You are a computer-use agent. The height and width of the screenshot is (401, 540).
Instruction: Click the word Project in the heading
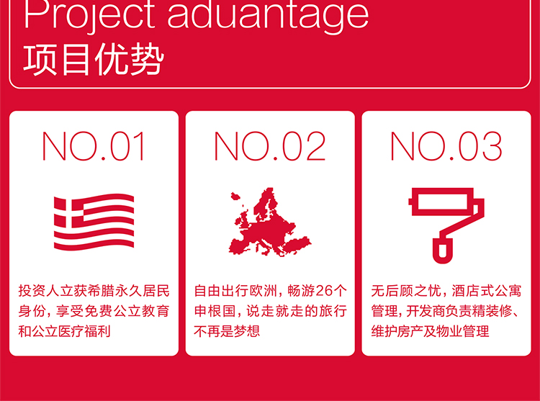point(89,16)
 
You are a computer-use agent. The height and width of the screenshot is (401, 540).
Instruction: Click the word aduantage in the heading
point(268,16)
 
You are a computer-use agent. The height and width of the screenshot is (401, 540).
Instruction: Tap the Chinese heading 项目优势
point(94,60)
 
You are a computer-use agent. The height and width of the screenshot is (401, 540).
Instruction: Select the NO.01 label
point(94,146)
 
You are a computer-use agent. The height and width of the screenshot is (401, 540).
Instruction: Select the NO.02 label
point(270,146)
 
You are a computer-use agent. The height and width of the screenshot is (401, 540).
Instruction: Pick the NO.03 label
point(446,146)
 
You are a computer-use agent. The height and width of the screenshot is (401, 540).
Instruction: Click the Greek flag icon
point(94,222)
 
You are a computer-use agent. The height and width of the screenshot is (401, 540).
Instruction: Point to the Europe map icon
point(270,222)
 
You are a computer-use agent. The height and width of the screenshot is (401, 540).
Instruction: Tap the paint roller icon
point(446,225)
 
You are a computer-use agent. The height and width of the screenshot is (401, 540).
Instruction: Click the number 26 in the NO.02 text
point(324,291)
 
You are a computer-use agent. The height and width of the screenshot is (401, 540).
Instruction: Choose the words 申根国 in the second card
point(215,311)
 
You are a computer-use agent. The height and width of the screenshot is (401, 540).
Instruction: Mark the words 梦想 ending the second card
point(246,331)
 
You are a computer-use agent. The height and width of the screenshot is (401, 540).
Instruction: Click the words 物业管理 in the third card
point(462,331)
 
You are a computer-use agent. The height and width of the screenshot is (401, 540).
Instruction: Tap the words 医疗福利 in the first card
point(84,331)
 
